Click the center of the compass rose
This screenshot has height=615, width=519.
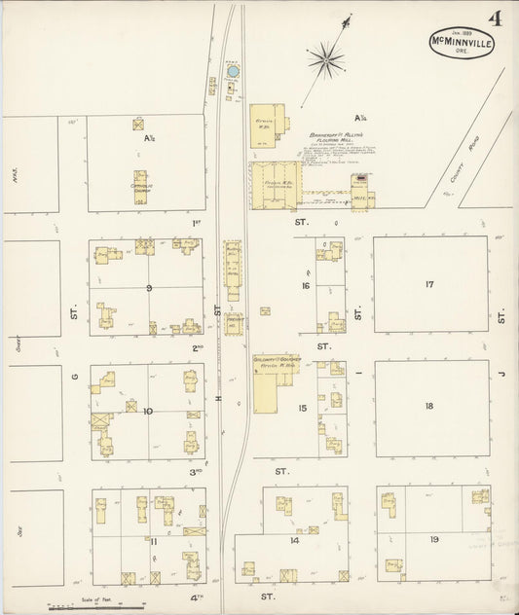(x=326, y=60)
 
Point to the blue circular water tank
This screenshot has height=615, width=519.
(x=231, y=71)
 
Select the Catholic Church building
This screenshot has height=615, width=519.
(x=140, y=186)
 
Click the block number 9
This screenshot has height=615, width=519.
(x=149, y=288)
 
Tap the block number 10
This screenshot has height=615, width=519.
(x=147, y=411)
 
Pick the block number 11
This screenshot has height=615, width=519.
(x=153, y=541)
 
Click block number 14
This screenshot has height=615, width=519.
(x=293, y=538)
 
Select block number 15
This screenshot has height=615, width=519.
(x=303, y=408)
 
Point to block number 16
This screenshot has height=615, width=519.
(x=305, y=286)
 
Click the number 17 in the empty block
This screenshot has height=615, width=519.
(x=428, y=285)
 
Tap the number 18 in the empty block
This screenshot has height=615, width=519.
(x=428, y=405)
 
